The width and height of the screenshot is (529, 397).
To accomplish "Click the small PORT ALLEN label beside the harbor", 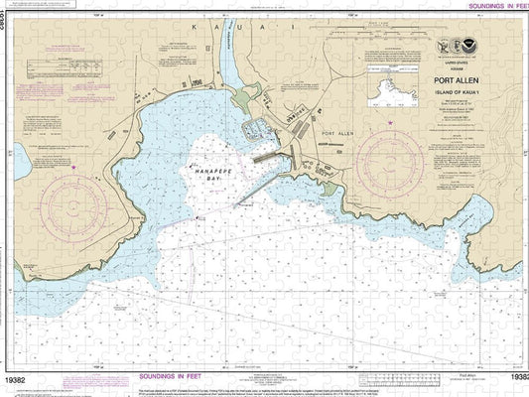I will pos(334,132).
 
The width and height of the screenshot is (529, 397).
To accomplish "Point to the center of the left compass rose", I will pos(74,206).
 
